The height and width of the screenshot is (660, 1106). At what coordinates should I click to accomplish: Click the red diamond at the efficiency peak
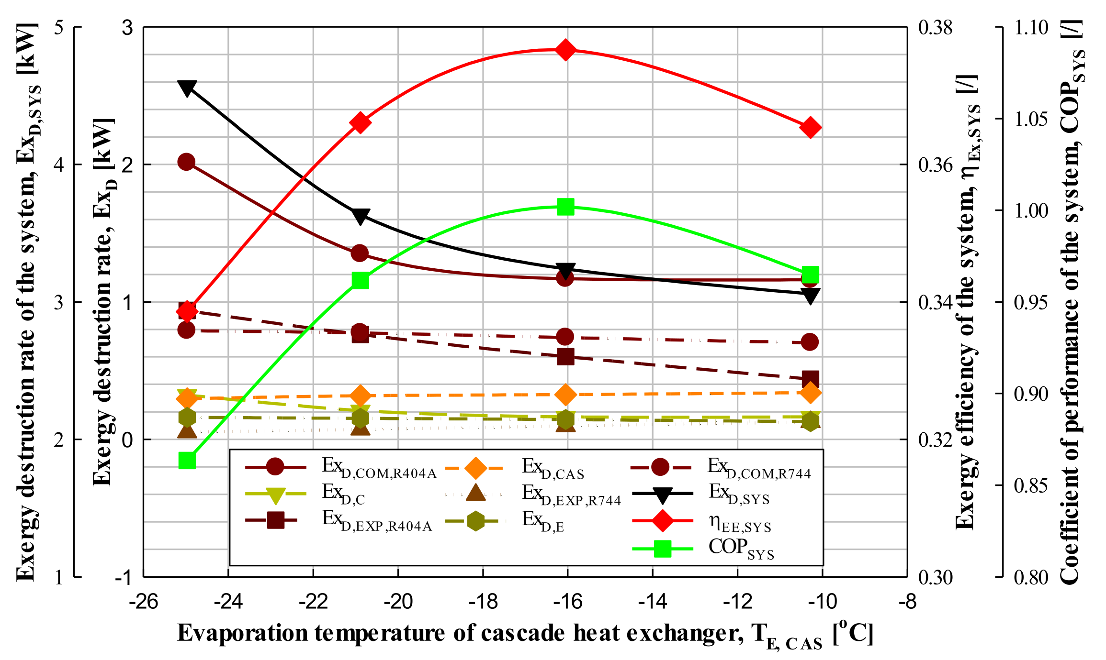[565, 50]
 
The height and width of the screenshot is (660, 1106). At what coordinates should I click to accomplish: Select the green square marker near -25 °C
[187, 461]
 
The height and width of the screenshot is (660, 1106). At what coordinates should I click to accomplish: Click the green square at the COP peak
[565, 207]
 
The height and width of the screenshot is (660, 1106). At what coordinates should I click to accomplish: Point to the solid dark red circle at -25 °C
[186, 162]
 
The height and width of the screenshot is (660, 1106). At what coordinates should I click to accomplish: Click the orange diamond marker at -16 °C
[565, 395]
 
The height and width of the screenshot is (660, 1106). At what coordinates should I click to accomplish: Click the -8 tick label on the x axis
[907, 601]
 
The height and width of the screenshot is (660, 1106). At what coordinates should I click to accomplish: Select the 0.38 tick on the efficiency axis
[935, 28]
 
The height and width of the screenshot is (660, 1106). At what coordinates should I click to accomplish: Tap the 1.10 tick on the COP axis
[1031, 28]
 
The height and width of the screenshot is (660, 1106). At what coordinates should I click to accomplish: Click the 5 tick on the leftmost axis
[59, 28]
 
